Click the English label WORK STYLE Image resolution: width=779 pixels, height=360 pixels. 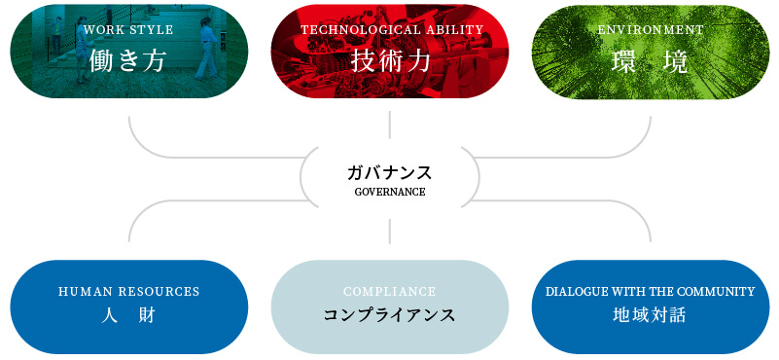point(128,30)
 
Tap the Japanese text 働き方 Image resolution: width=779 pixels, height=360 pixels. point(128,61)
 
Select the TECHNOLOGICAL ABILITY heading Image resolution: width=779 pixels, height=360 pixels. point(392,30)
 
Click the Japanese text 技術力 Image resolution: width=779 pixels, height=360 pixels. point(389,61)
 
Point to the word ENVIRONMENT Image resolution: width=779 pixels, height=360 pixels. point(651,30)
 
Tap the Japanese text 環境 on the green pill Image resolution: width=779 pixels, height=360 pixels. point(651,61)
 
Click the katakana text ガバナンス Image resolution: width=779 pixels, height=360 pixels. point(389,173)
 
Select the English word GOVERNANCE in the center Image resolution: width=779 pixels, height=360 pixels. point(390,192)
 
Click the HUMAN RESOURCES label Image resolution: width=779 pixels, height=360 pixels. point(129,291)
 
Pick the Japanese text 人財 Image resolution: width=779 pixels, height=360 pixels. point(128,315)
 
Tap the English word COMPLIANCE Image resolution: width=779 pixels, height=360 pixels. point(389,291)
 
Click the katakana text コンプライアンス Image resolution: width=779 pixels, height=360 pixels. point(389,315)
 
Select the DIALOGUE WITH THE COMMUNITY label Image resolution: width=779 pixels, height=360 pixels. point(651,291)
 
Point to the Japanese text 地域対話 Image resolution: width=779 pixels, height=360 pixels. point(651,315)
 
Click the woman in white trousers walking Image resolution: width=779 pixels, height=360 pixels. point(206,49)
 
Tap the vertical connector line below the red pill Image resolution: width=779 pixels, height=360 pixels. point(389,125)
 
